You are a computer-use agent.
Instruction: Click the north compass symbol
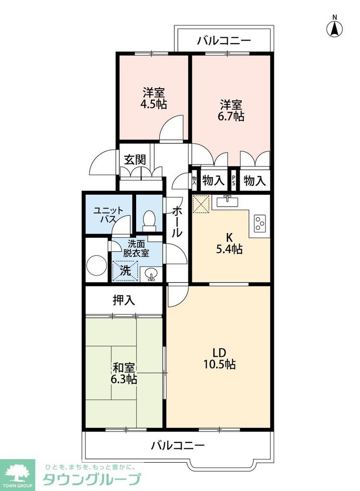(x=335, y=27)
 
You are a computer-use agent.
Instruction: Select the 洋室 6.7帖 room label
(x=232, y=110)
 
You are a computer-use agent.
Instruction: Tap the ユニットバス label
(x=105, y=215)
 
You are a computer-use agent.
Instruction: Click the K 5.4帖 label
(x=230, y=243)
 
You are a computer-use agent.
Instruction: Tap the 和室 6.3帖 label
(x=125, y=374)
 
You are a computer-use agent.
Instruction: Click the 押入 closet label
(x=124, y=301)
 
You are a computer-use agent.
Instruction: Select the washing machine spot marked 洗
(x=125, y=270)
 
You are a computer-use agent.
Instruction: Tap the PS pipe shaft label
(x=234, y=181)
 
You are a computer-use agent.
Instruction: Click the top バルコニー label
(x=224, y=41)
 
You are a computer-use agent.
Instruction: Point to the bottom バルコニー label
(x=178, y=445)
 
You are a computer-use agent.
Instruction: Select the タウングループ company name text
(x=92, y=479)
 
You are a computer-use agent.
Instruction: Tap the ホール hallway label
(x=176, y=222)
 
